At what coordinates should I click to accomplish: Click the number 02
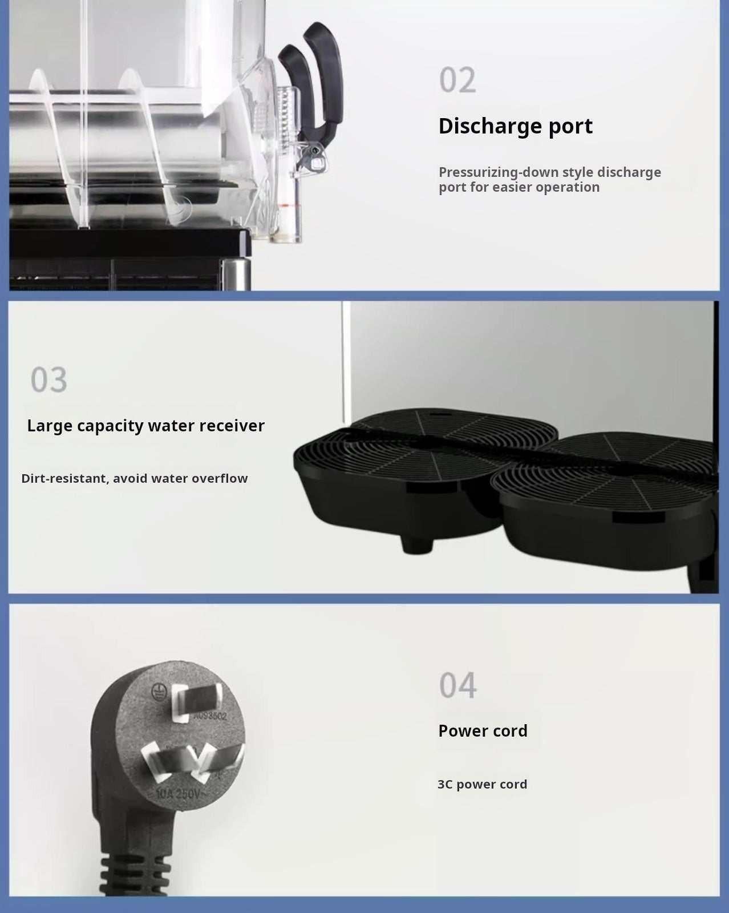(457, 80)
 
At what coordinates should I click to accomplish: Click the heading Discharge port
(515, 126)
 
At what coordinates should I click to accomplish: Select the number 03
(48, 379)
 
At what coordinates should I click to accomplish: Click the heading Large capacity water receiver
(146, 426)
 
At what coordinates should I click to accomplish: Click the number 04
(457, 685)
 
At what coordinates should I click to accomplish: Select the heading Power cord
(483, 730)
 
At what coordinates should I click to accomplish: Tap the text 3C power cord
(482, 784)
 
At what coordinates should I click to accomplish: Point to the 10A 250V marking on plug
(178, 793)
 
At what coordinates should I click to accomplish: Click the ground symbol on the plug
(160, 692)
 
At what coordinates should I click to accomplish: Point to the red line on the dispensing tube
(290, 205)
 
